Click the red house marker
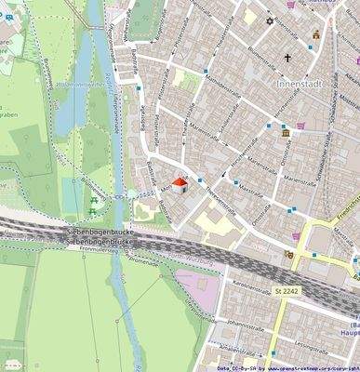(180, 186)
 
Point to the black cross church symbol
(288, 59)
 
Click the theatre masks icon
(289, 252)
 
